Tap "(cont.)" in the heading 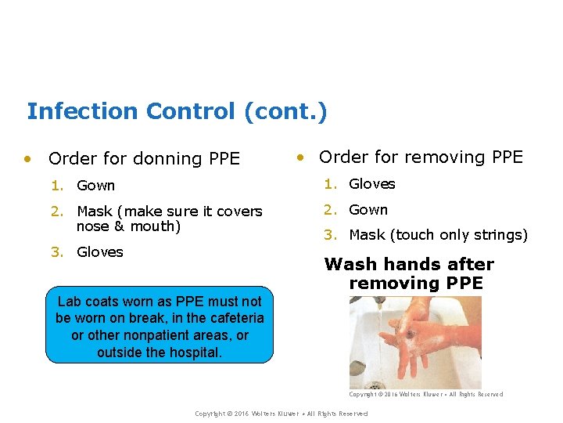tap(285, 111)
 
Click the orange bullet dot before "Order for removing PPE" tap(299, 157)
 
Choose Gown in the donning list tap(95, 186)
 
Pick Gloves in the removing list tap(371, 184)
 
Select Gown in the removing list tap(368, 210)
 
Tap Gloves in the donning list tap(99, 251)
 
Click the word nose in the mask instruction tap(92, 227)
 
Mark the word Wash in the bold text tap(350, 265)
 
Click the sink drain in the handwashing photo tap(375, 385)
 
